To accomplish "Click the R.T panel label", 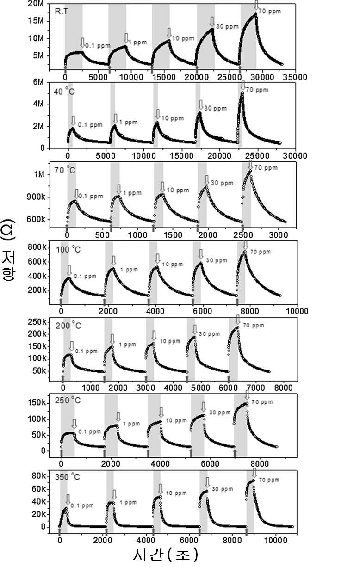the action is click(61, 12).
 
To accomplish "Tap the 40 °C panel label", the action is click(64, 92).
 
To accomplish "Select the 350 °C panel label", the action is click(68, 477).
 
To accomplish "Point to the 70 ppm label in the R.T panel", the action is click(270, 12).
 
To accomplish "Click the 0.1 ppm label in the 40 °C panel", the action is click(90, 125).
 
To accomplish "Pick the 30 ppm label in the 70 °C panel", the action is click(222, 183).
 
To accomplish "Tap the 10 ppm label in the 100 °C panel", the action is click(172, 265).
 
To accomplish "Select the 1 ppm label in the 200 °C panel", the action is click(127, 345).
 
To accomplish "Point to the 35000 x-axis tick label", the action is click(295, 77).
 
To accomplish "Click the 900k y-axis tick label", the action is click(36, 197).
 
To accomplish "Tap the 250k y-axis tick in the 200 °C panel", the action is click(37, 322).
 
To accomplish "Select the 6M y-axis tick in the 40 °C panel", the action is click(38, 82).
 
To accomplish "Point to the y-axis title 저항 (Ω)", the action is click(8, 250).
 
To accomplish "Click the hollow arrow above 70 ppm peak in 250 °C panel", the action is click(247, 395).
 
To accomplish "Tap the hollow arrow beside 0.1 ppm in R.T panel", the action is click(82, 43).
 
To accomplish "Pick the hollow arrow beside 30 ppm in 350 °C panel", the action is click(207, 483).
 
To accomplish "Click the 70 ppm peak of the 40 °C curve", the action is click(242, 92).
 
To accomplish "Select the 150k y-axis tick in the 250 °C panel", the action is click(37, 403).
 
